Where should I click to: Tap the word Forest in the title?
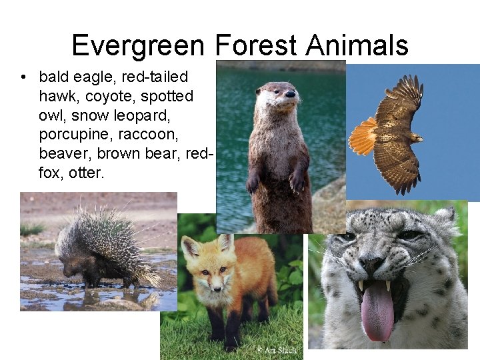257,45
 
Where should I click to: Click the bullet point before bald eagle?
24,77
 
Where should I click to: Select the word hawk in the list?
59,96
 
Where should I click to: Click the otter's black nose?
290,95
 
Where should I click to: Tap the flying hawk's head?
416,138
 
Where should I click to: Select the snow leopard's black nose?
371,265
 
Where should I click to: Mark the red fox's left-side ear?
191,249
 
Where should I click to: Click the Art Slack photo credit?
278,350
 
